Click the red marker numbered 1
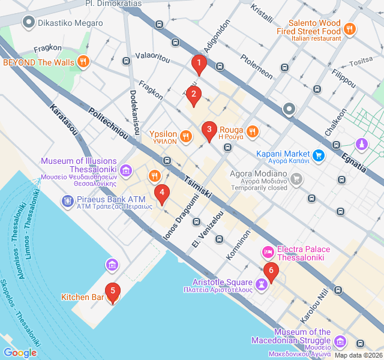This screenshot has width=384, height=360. coord(199,62)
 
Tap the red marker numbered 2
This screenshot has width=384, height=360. coord(193,94)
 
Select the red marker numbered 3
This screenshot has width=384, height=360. coord(209,129)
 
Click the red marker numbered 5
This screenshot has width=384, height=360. coord(112,292)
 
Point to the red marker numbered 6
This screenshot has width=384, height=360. coord(271,271)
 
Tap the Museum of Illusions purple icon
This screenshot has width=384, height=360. coord(126,171)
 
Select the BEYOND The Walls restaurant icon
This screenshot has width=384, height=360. coord(83,61)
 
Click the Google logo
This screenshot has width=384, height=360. coord(20,353)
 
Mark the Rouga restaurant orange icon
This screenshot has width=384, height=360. coord(253,130)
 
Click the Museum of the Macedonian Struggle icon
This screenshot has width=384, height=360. coord(340,341)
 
